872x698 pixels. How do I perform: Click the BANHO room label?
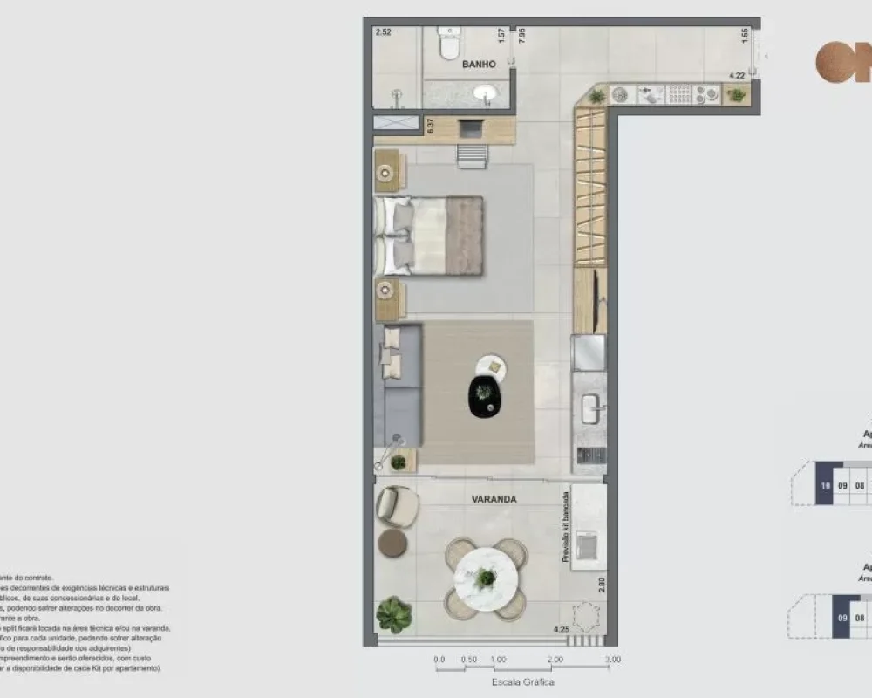pos(479,65)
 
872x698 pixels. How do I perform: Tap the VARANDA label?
pos(494,500)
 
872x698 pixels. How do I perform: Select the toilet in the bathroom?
pos(449,44)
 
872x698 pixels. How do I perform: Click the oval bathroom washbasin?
pos(486,93)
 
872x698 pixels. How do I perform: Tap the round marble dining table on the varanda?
pos(486,577)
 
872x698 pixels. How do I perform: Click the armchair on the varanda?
pos(397,505)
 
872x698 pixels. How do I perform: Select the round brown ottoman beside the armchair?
pos(392,544)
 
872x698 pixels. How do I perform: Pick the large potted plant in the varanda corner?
pos(394,614)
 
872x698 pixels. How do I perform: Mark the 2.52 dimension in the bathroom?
pos(384,33)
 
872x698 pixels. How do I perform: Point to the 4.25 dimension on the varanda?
pos(562,629)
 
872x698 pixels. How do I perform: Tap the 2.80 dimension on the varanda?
pos(602,584)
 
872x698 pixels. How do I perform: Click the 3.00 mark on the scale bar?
pos(612,660)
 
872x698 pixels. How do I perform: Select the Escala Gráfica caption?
pos(523,682)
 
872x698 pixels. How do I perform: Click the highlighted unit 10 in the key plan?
pos(824,487)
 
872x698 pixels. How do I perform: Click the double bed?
pos(429,235)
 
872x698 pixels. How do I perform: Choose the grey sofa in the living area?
pos(398,384)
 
